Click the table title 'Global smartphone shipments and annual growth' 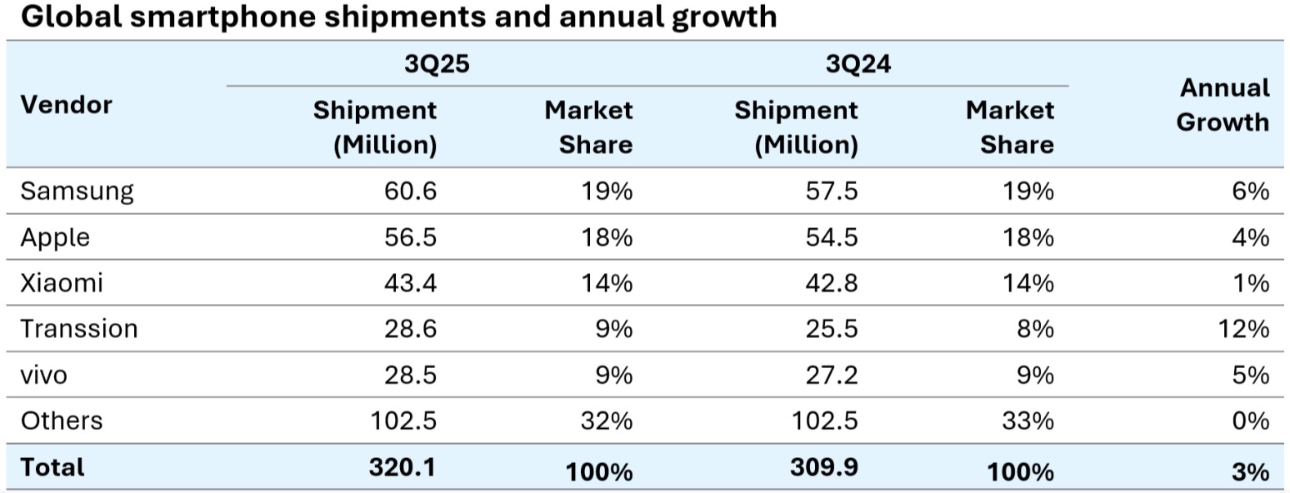click(398, 17)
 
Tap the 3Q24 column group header click(858, 63)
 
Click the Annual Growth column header click(1222, 105)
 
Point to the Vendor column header click(66, 105)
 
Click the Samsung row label click(77, 192)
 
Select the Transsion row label click(79, 329)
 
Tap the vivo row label click(43, 375)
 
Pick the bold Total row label click(52, 467)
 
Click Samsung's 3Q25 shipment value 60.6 click(412, 192)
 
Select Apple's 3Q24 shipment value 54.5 click(833, 237)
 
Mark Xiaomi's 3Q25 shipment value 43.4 click(412, 283)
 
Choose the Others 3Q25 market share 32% click(607, 421)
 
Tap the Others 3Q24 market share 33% click(1027, 421)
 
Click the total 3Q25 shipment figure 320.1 click(403, 467)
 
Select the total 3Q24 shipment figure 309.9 click(824, 467)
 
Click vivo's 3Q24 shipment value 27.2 click(833, 375)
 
